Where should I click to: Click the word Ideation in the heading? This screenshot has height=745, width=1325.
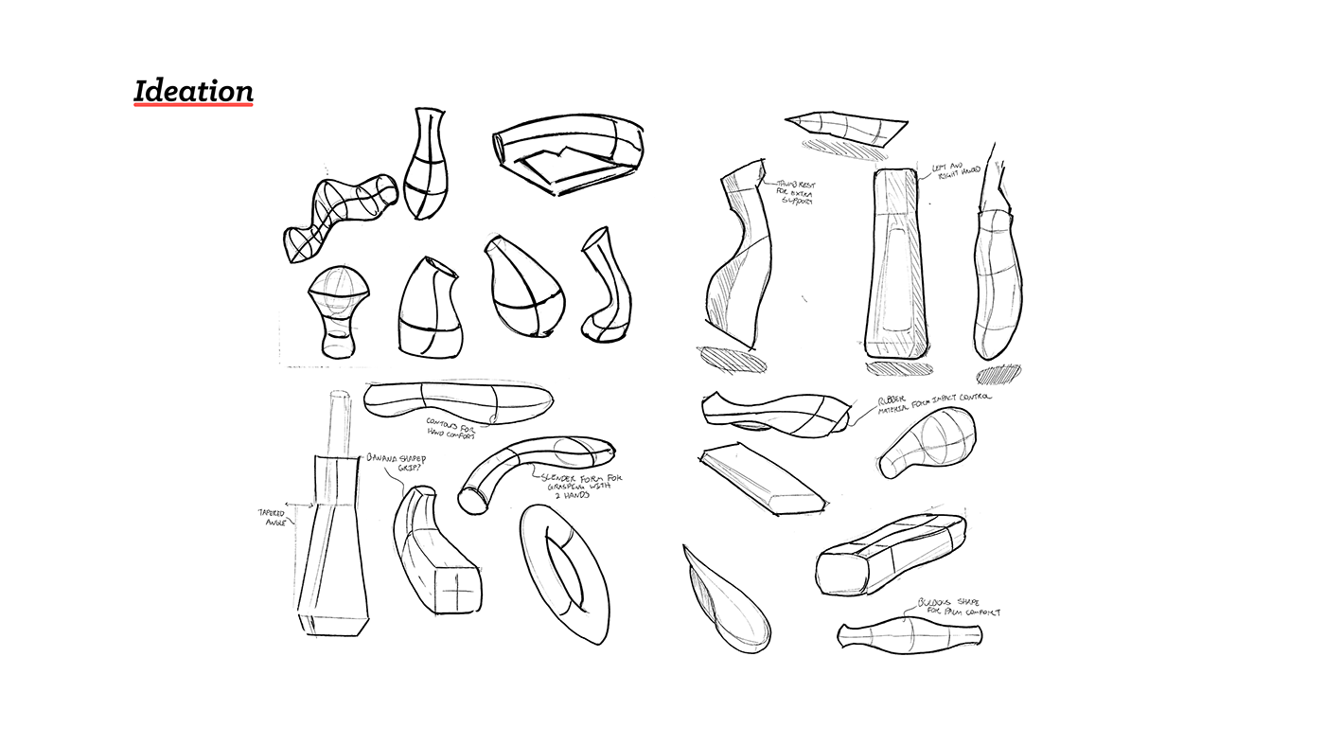point(193,91)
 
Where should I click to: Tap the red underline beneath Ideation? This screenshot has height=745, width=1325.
point(193,105)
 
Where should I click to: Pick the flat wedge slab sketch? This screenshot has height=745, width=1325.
point(762,481)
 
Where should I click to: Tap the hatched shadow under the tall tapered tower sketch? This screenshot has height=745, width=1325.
point(894,365)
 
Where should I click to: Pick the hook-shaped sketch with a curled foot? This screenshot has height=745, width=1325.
point(604,284)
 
